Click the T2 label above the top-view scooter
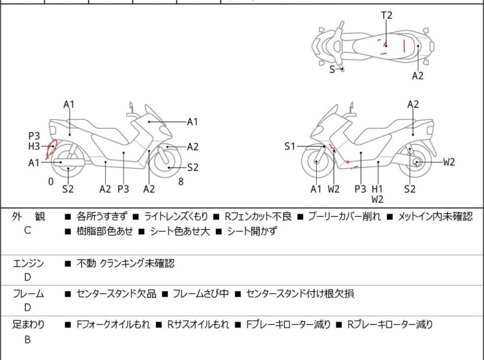(387, 15)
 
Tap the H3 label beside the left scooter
(34, 146)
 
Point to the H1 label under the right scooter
(378, 189)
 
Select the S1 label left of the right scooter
(290, 146)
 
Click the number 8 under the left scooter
(181, 182)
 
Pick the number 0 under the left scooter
(51, 182)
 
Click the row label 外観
(28, 217)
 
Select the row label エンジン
(28, 263)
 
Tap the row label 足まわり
(28, 325)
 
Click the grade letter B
(28, 339)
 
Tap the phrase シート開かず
(251, 231)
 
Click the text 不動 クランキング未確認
(125, 263)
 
